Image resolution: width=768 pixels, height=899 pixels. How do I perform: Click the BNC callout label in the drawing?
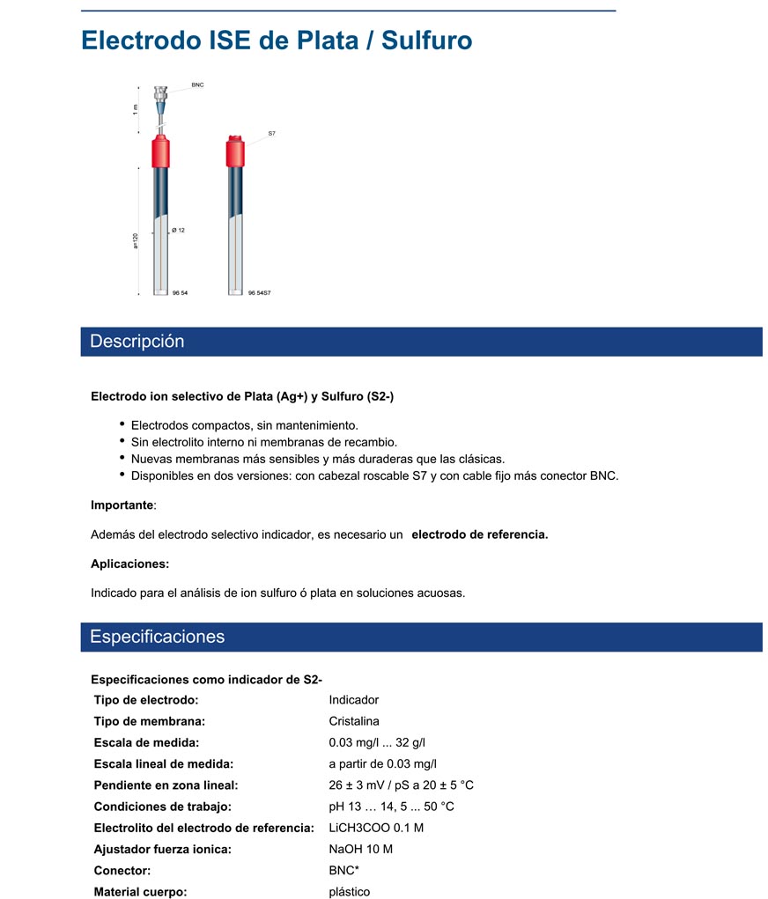point(197,85)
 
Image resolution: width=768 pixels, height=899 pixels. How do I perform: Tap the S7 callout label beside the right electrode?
point(272,133)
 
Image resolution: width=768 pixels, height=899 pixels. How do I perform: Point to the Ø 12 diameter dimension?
point(178,230)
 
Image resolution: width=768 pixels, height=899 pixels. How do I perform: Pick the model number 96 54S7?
point(259,292)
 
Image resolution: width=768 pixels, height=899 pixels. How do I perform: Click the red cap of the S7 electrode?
point(235,151)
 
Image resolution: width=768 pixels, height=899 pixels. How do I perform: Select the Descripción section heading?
point(137,342)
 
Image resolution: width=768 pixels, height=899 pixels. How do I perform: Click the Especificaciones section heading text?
point(158,637)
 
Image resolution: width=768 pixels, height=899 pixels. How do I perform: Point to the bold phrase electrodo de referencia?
point(480,534)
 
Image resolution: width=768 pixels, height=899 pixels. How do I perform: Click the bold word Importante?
point(122,505)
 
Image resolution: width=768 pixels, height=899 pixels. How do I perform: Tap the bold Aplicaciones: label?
point(130,564)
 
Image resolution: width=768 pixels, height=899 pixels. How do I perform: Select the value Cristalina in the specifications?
point(354,721)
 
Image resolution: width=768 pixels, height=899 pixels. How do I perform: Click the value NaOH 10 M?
point(361,850)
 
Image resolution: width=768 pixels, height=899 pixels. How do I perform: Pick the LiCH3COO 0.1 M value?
point(376,828)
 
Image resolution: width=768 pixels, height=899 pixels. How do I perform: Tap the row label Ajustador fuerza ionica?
point(162,850)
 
